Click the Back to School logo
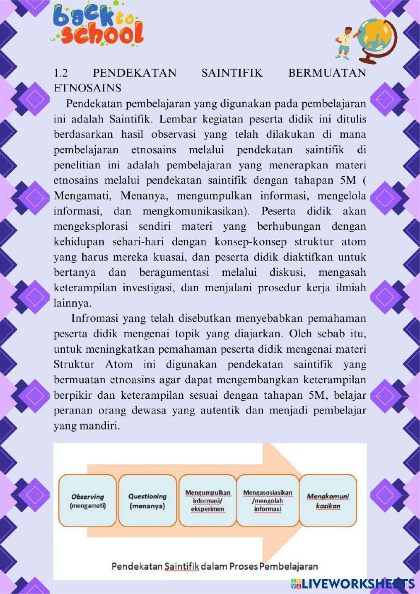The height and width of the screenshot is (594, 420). [99, 25]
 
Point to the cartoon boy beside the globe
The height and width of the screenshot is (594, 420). [345, 42]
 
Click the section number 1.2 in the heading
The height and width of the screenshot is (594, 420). [61, 73]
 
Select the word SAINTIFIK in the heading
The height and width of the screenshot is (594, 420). [232, 73]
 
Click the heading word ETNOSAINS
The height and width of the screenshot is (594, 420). [88, 88]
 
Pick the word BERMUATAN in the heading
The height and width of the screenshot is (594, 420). [327, 73]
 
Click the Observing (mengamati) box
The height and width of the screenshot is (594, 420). [87, 501]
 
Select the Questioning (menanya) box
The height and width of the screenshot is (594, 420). [147, 501]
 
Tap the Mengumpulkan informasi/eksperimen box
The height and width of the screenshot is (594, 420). [208, 501]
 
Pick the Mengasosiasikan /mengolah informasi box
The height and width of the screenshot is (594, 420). [268, 501]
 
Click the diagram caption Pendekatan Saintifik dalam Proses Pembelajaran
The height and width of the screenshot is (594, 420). [215, 566]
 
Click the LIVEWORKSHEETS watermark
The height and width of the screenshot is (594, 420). [352, 583]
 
